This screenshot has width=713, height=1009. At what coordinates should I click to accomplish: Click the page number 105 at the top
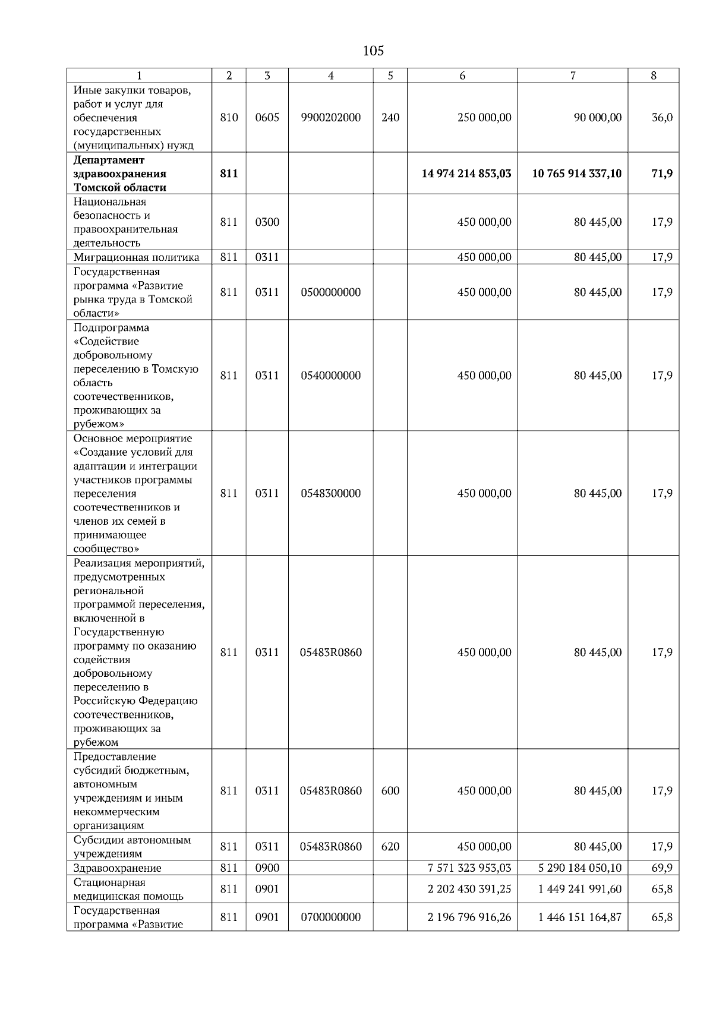373,51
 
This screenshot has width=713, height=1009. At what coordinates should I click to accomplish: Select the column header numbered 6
462,75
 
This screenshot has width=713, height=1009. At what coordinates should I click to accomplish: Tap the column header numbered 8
654,75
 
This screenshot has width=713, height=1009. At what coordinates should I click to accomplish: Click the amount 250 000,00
484,118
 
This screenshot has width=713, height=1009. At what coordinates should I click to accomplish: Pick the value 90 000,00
598,118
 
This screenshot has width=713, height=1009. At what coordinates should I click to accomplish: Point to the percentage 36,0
662,118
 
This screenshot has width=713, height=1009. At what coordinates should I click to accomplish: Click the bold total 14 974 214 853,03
466,174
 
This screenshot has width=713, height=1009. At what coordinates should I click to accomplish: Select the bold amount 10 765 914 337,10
577,174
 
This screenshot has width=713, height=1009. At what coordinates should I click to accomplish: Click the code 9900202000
331,118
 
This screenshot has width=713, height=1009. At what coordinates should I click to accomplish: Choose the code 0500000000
331,292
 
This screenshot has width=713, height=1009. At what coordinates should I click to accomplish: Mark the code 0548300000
331,493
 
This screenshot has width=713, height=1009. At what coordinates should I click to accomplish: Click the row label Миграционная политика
137,257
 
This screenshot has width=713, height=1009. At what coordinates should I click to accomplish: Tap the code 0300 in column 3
267,222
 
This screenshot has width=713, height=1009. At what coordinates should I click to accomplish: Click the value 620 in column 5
390,847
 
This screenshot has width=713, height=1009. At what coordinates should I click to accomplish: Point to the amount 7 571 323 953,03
469,868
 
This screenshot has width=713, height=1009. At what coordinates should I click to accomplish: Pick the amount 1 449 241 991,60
580,890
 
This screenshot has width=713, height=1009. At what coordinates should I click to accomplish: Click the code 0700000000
331,917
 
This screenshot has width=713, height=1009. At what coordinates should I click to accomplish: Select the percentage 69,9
662,868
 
